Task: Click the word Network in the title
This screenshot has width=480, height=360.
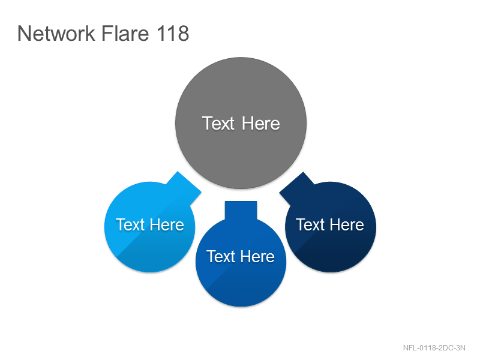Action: (x=56, y=33)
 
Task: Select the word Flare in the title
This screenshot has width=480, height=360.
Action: (x=125, y=33)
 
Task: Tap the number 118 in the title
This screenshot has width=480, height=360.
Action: (x=173, y=33)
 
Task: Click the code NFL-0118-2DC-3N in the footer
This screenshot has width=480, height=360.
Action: (x=434, y=348)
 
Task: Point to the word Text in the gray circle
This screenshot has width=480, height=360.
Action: (x=218, y=124)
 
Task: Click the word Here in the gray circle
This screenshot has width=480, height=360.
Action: (x=261, y=124)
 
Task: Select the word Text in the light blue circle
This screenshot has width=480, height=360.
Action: (x=130, y=224)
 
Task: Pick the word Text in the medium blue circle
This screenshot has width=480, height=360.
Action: (x=220, y=257)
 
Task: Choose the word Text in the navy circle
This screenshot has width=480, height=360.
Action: (x=310, y=224)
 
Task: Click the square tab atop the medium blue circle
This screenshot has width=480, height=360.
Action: (x=241, y=211)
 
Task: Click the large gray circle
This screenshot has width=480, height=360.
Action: (x=241, y=123)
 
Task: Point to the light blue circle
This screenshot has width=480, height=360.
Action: (x=150, y=227)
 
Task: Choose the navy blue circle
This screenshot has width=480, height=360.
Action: (x=331, y=227)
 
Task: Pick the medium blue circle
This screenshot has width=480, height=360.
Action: (x=241, y=261)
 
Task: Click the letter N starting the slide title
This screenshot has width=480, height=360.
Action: (x=24, y=33)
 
